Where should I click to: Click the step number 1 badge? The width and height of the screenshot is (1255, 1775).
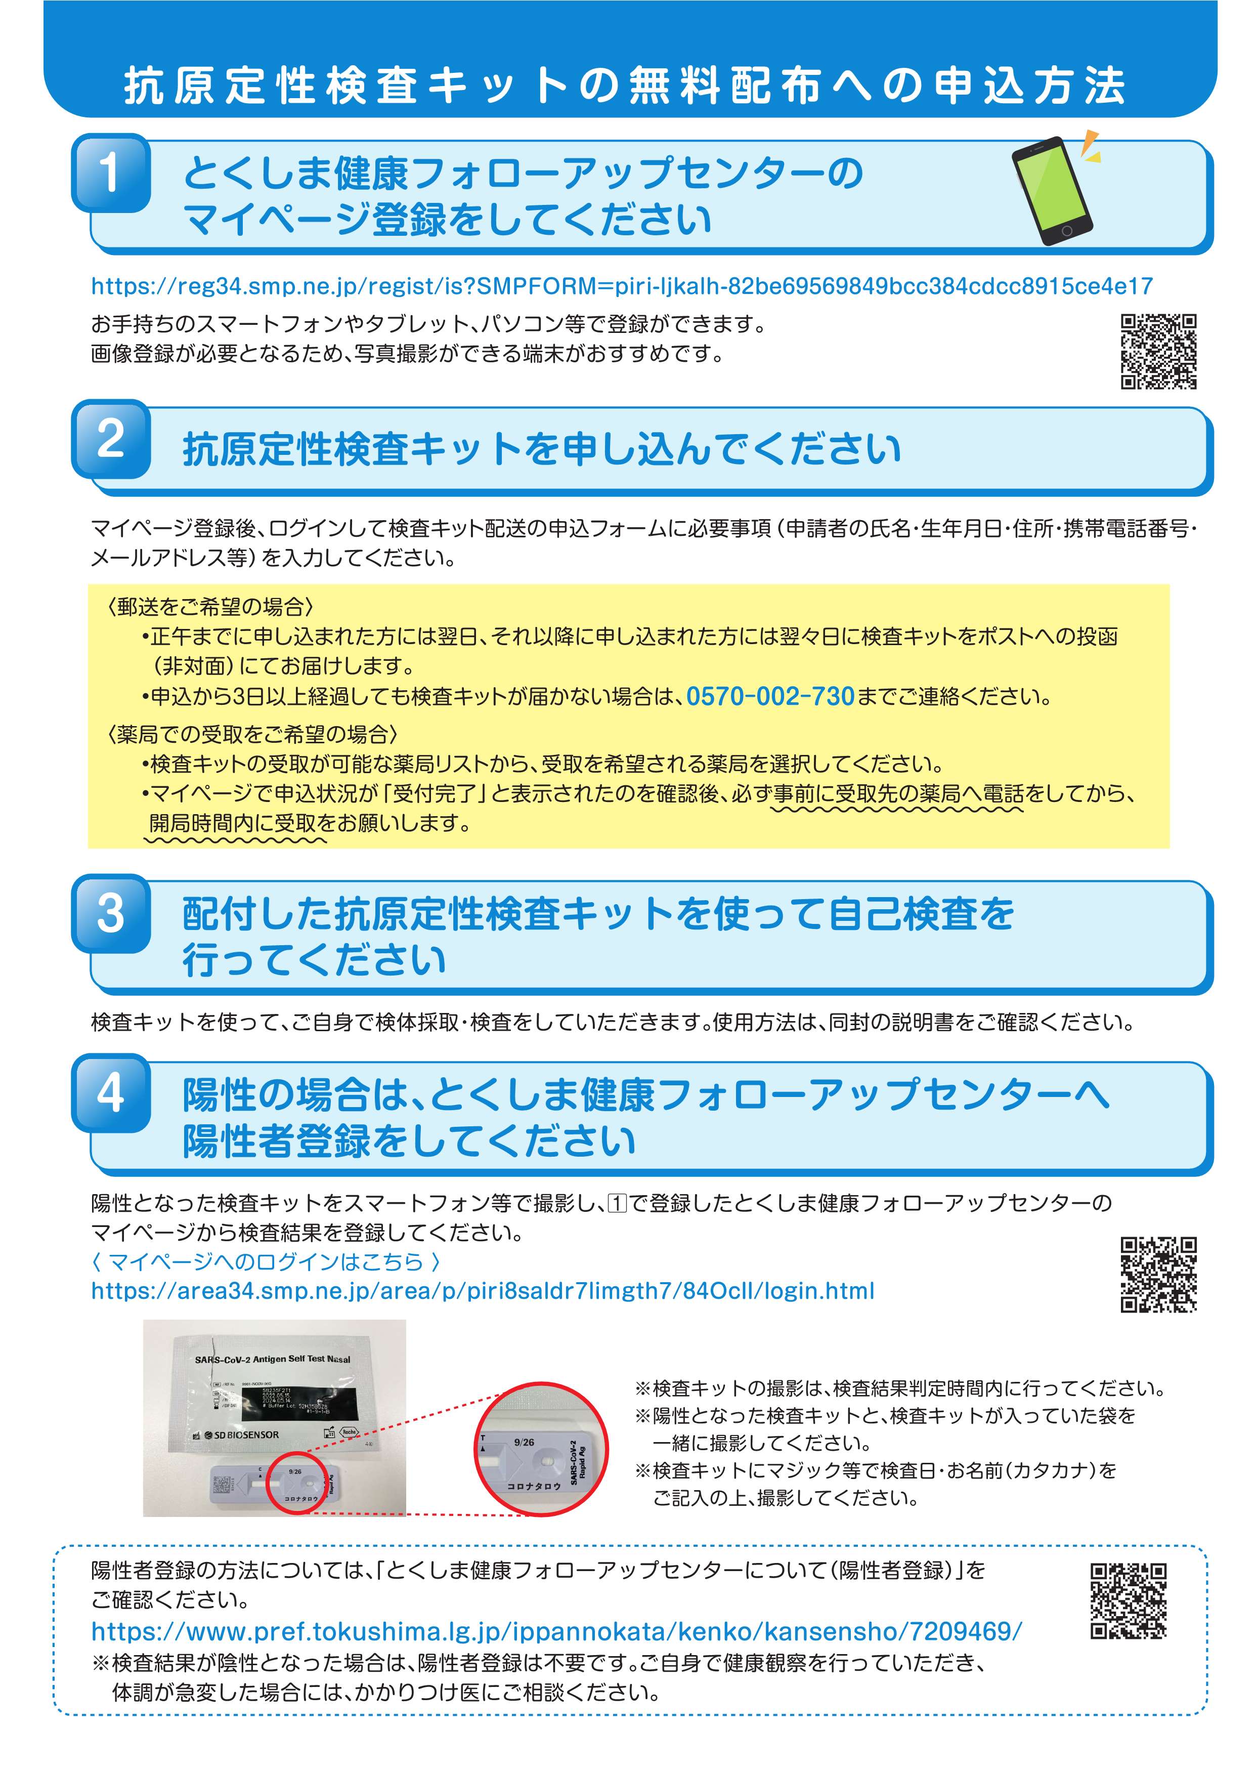(110, 173)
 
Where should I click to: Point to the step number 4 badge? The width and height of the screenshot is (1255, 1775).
(110, 1093)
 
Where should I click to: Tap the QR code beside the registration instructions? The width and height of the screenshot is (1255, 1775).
(1158, 351)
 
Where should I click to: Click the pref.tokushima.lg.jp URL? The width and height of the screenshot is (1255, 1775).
(556, 1631)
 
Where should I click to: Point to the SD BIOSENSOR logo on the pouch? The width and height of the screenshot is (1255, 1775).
(238, 1435)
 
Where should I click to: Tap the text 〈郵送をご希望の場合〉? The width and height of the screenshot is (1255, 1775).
(210, 607)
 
